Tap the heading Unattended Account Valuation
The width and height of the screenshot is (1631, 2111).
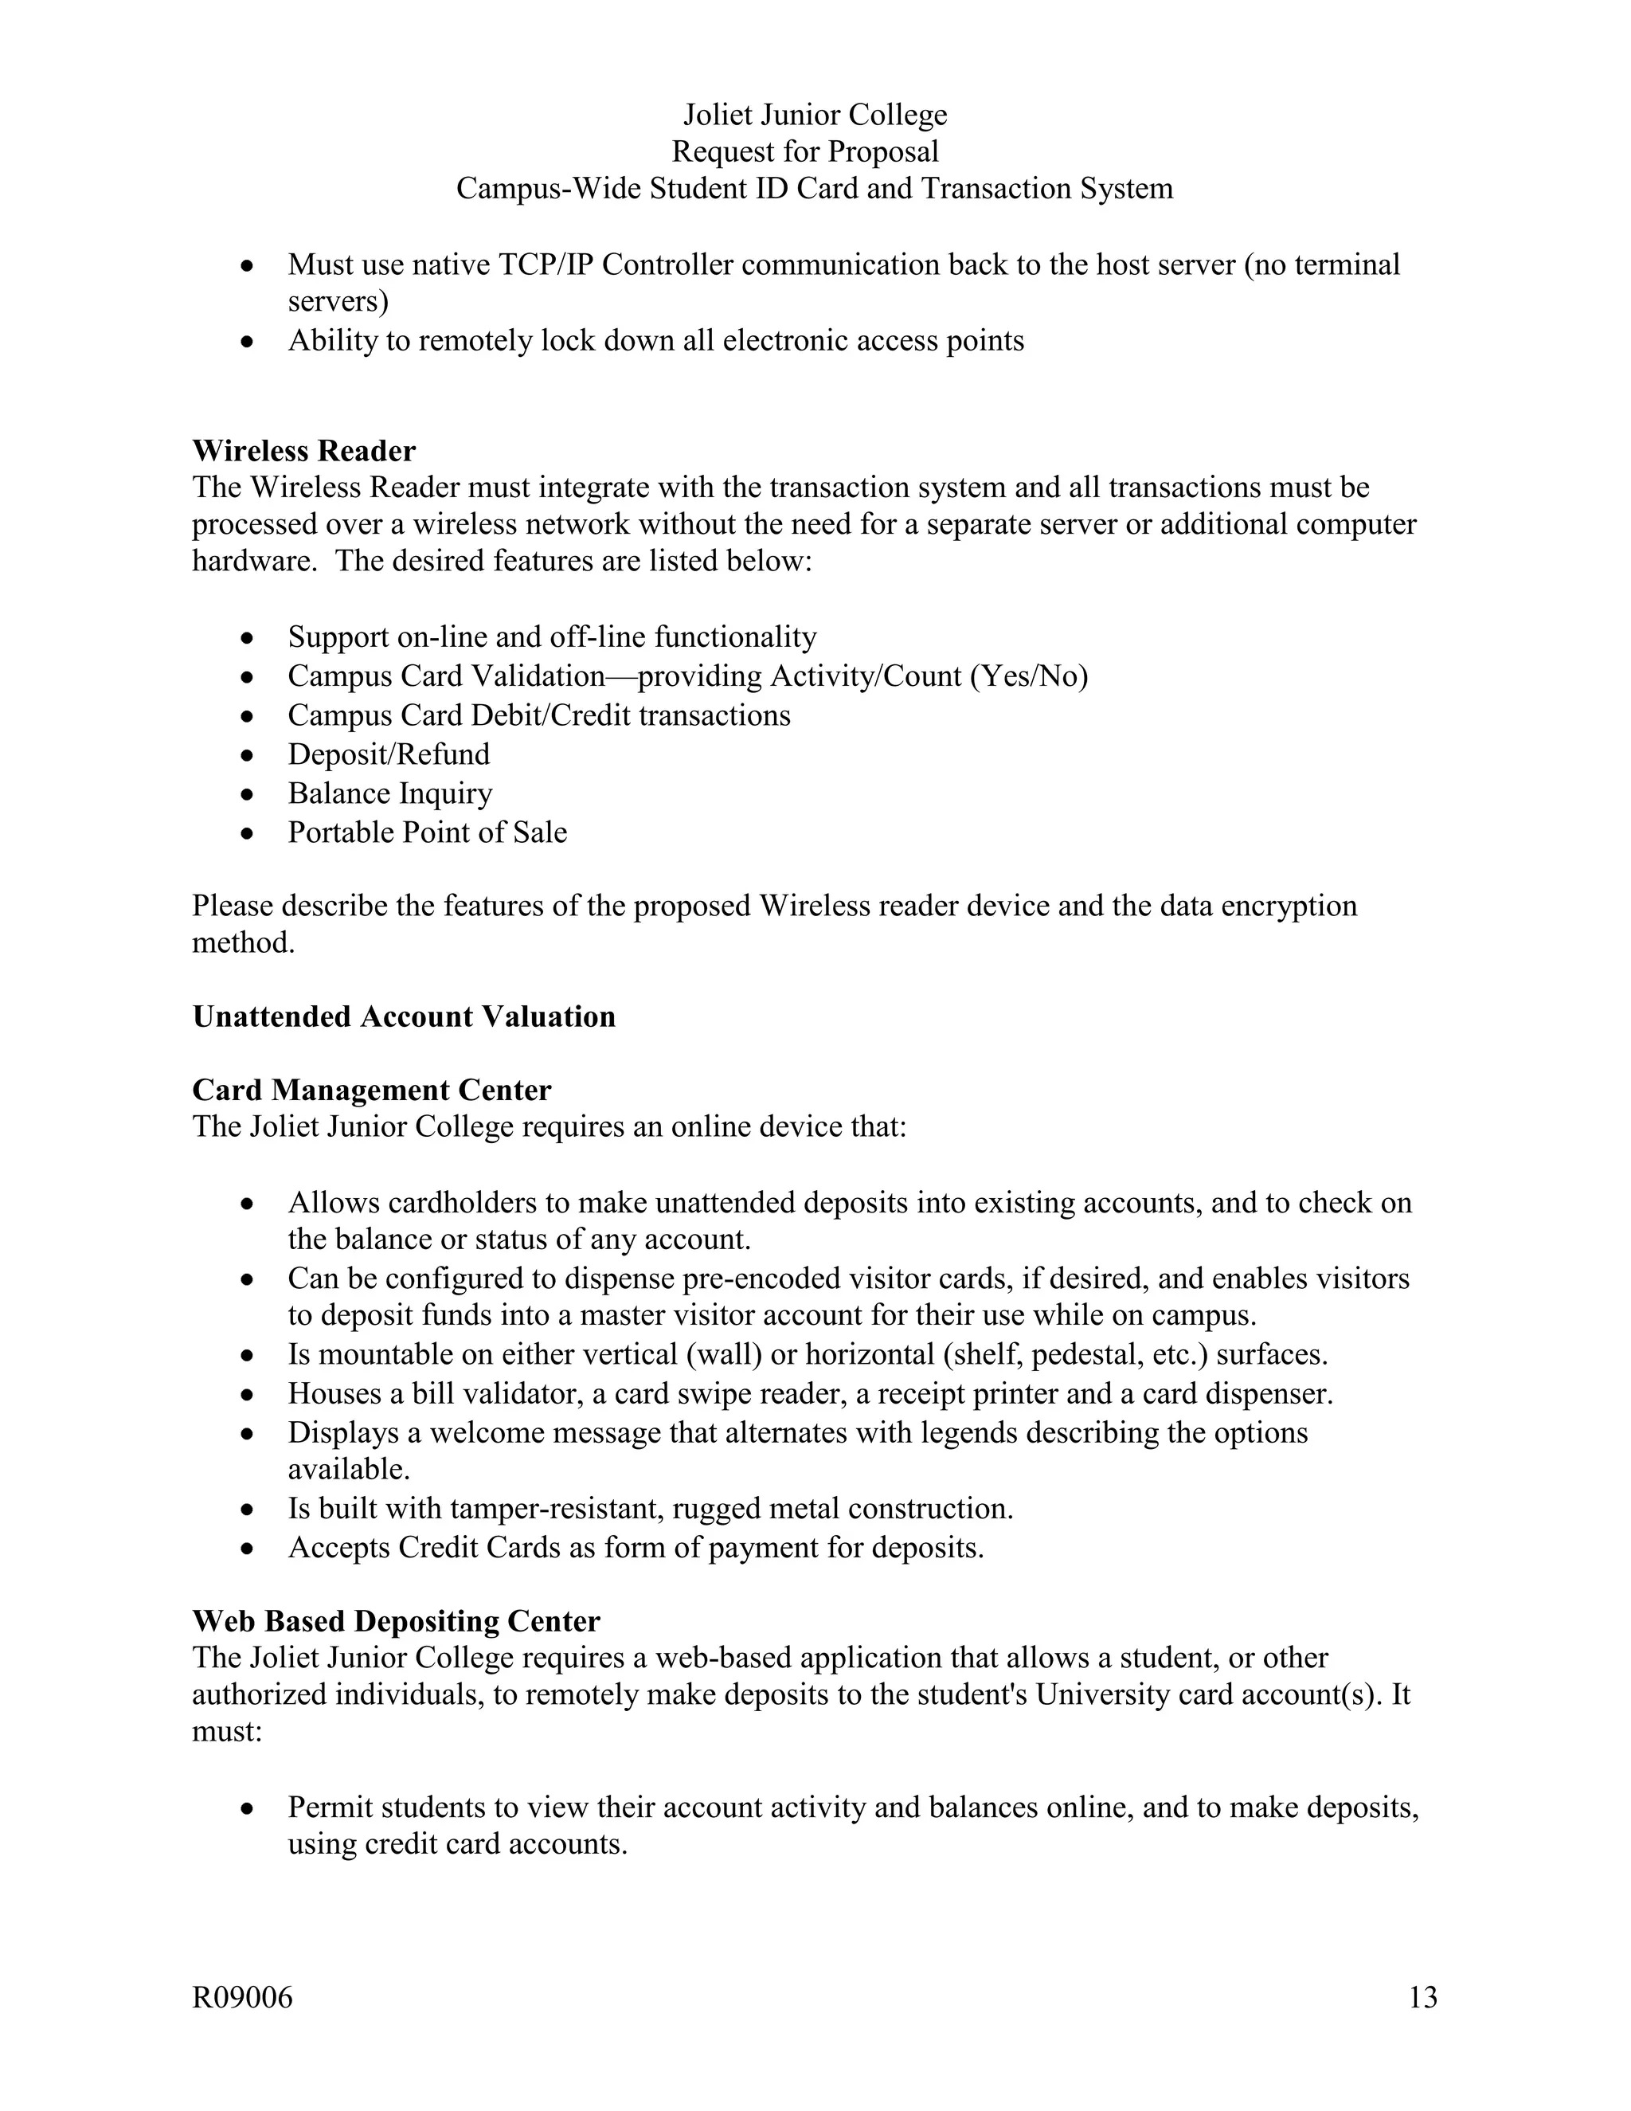click(x=403, y=1016)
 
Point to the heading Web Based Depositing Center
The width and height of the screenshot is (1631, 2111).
click(x=395, y=1620)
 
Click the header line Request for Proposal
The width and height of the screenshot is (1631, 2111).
click(x=805, y=151)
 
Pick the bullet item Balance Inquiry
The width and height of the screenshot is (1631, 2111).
click(x=389, y=793)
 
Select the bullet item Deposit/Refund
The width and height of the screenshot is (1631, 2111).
click(x=389, y=753)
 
